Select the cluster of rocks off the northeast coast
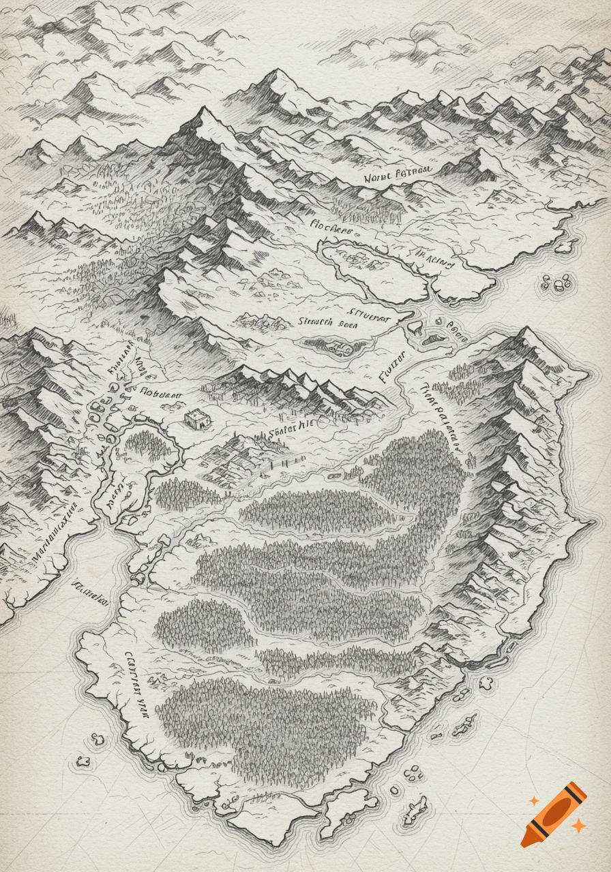(556, 283)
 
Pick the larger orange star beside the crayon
(578, 826)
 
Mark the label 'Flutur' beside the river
(393, 368)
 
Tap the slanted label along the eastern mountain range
(436, 416)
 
